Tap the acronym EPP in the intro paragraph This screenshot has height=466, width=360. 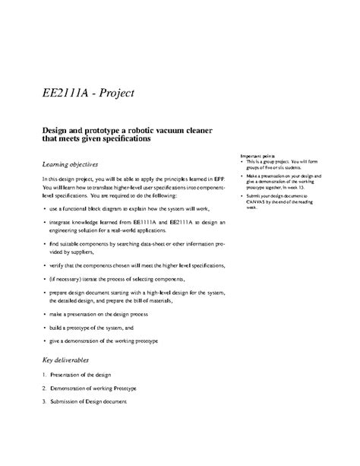coord(219,178)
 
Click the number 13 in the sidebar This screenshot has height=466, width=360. coord(302,187)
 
